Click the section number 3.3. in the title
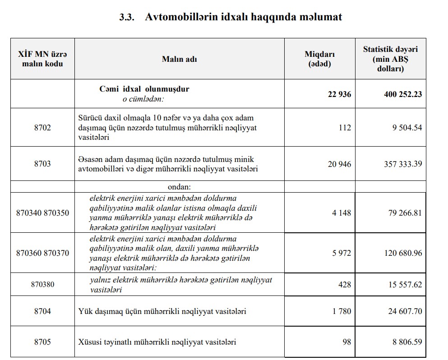click(x=126, y=17)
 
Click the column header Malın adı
click(x=179, y=59)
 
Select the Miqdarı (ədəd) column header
click(x=319, y=59)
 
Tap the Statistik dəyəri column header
click(x=390, y=59)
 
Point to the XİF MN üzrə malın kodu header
click(x=42, y=59)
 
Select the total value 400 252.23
click(x=402, y=94)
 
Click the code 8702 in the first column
click(x=42, y=127)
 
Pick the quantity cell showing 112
click(x=344, y=127)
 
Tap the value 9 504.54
click(x=407, y=127)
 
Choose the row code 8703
click(x=42, y=164)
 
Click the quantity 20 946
click(x=339, y=164)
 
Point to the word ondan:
click(x=179, y=186)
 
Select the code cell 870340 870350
click(x=42, y=212)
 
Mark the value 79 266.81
click(x=403, y=212)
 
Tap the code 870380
click(x=42, y=285)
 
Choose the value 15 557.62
click(x=403, y=285)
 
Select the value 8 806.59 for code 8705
click(x=407, y=342)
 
